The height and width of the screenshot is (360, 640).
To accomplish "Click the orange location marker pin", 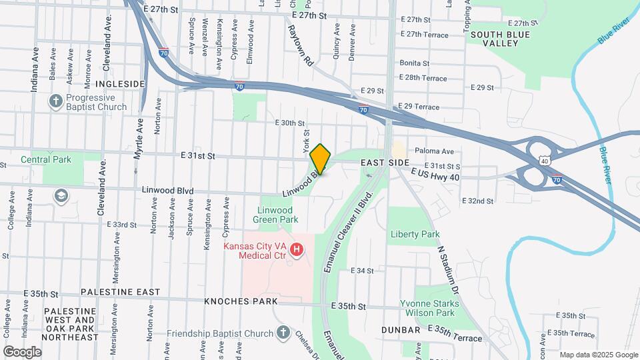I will click(321, 159).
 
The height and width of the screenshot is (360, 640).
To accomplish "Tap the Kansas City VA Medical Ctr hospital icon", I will click(297, 251).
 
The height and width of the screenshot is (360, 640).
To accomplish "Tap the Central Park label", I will click(45, 159).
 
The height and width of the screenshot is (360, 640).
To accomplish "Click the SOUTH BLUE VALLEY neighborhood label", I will click(500, 39).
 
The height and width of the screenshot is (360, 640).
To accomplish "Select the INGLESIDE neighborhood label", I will click(120, 83).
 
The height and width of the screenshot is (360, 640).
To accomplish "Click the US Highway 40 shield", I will click(545, 161).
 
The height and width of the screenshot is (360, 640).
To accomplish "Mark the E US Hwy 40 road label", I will click(437, 175).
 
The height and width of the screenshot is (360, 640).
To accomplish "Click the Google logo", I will click(22, 351).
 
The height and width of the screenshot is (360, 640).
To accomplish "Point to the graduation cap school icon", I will click(61, 195).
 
